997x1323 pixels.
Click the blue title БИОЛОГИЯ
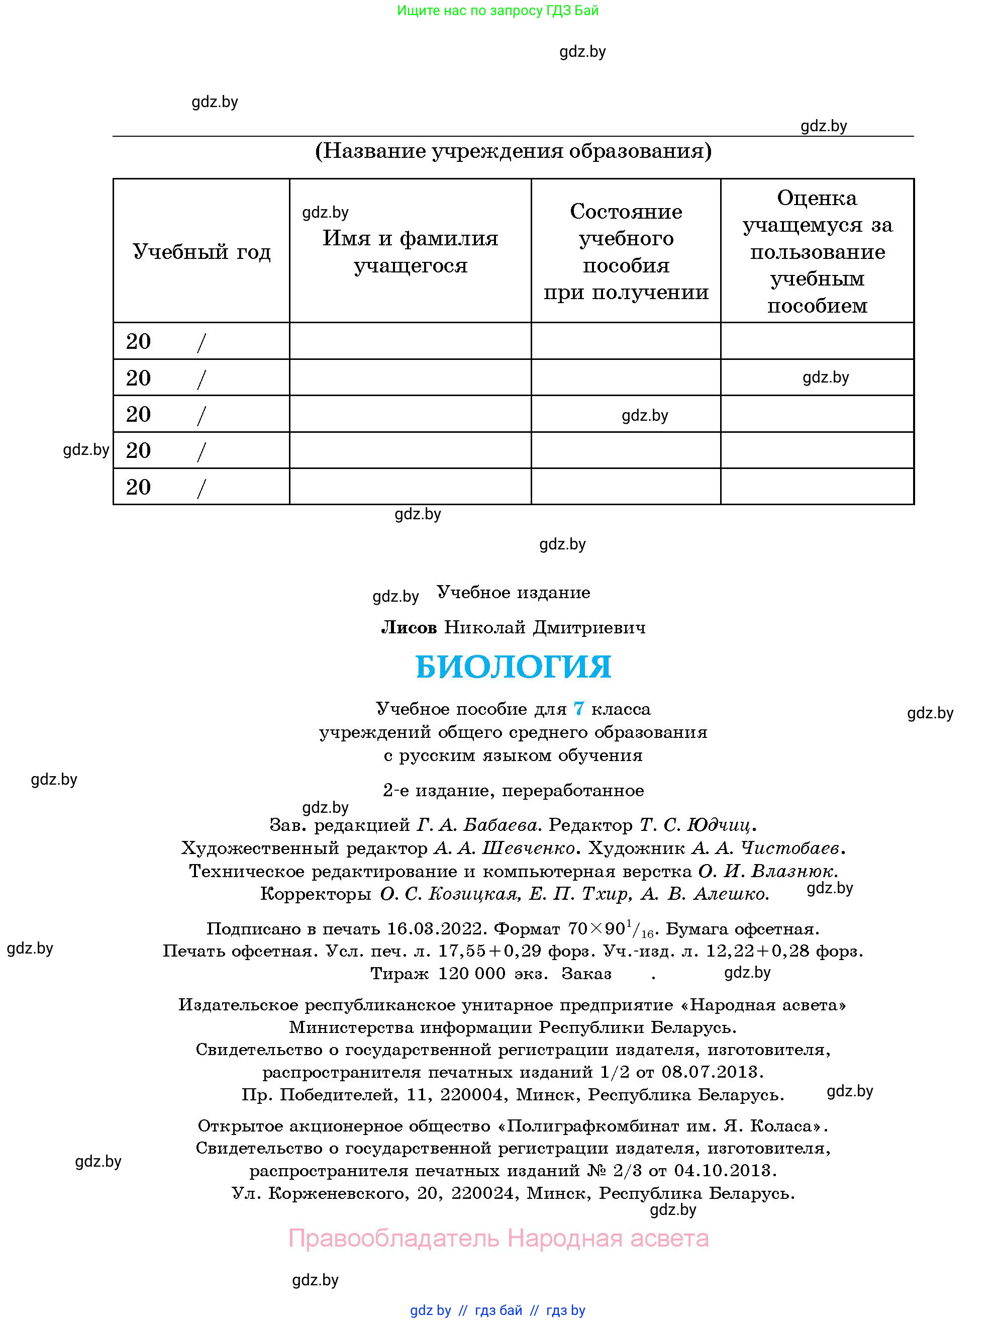coord(513,667)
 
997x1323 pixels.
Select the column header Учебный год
coord(202,252)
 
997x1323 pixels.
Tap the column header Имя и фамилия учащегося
coord(410,252)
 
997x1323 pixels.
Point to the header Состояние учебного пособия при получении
coord(626,252)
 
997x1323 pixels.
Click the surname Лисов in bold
coord(409,627)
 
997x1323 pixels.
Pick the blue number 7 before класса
coord(578,709)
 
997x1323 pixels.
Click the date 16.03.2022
coord(434,928)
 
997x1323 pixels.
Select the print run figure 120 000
coord(472,974)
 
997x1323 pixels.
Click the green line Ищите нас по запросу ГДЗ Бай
coord(497,11)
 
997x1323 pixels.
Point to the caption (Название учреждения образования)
coord(513,151)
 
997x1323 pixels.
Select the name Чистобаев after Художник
coord(789,848)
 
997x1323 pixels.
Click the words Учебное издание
coord(513,593)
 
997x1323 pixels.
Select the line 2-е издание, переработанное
coord(513,791)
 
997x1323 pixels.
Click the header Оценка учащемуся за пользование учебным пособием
coord(817,252)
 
